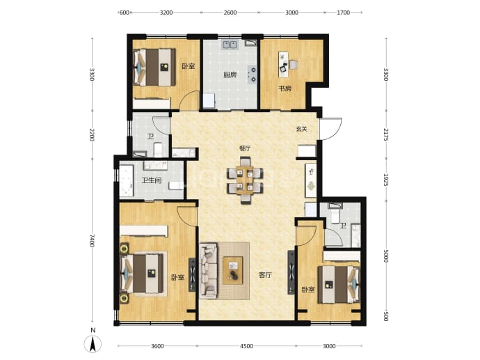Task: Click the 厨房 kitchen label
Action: coord(230,75)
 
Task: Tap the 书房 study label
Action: coord(285,89)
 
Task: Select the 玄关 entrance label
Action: coord(301,129)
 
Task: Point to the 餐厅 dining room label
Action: coord(245,148)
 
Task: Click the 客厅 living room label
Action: coord(265,275)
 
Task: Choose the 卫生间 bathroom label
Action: coord(151,180)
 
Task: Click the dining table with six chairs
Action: coord(245,180)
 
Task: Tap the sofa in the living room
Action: coord(209,271)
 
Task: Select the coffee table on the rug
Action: coord(232,271)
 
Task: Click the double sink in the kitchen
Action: coord(230,45)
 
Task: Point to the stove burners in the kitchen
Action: coord(253,75)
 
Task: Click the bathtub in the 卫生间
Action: coord(126,181)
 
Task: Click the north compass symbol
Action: coord(93,343)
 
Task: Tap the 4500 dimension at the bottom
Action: coord(246,346)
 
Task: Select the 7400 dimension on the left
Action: coord(92,240)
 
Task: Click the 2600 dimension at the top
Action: coord(230,13)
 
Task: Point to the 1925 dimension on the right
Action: coord(385,180)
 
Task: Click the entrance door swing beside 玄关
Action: coord(331,129)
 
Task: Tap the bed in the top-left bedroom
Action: coord(154,67)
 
